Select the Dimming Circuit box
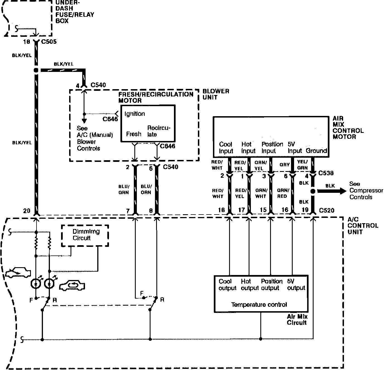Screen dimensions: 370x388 [85, 235]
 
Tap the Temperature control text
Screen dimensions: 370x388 [259, 305]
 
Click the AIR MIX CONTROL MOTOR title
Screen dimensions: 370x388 [348, 128]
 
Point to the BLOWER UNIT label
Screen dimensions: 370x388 [216, 94]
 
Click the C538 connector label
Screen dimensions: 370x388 [326, 173]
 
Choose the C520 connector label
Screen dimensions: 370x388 [326, 210]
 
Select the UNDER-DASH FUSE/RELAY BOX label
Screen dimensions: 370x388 [75, 11]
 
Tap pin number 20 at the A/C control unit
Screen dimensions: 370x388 [26, 211]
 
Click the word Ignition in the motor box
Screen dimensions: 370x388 [135, 114]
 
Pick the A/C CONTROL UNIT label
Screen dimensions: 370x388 [363, 225]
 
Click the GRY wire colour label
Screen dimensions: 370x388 [285, 165]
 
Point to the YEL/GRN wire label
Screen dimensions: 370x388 [302, 165]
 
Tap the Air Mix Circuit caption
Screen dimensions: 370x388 [297, 320]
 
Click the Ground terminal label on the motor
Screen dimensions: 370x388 [316, 151]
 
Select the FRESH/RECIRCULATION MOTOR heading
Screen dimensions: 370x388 [156, 97]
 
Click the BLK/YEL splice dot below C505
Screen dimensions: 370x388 [36, 70]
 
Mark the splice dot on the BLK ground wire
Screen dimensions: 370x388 [313, 191]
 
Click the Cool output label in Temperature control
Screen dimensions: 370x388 [227, 284]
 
